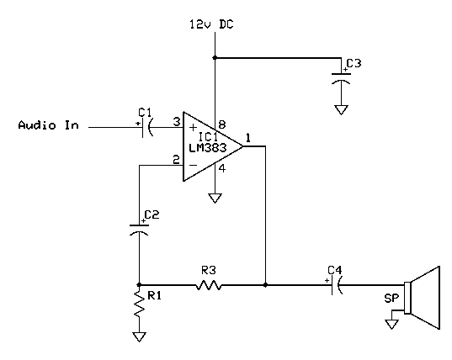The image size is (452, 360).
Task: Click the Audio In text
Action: [x=49, y=125]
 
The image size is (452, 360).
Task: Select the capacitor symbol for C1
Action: [x=147, y=126]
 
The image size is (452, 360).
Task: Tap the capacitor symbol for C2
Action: [x=139, y=228]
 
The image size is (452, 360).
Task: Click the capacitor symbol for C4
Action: [x=336, y=285]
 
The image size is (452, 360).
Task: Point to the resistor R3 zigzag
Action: [x=208, y=285]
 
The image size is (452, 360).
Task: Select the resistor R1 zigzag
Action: [x=139, y=308]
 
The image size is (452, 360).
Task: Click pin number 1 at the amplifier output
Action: [x=248, y=136]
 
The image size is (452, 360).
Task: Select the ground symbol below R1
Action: [x=139, y=337]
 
